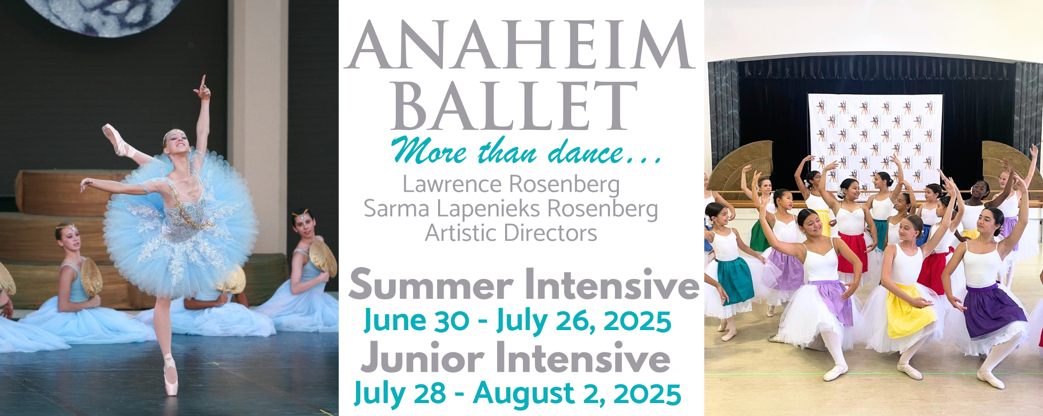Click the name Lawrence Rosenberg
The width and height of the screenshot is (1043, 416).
[x=511, y=184]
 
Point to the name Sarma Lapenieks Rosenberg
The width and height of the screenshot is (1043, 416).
[x=511, y=209]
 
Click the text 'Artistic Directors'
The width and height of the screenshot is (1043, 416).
[x=511, y=233]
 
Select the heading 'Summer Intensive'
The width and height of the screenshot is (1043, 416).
[x=523, y=285]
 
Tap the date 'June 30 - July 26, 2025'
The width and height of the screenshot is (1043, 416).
[x=518, y=320]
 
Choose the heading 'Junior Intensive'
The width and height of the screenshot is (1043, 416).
[x=516, y=357]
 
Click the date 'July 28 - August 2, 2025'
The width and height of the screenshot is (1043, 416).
[x=517, y=394]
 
